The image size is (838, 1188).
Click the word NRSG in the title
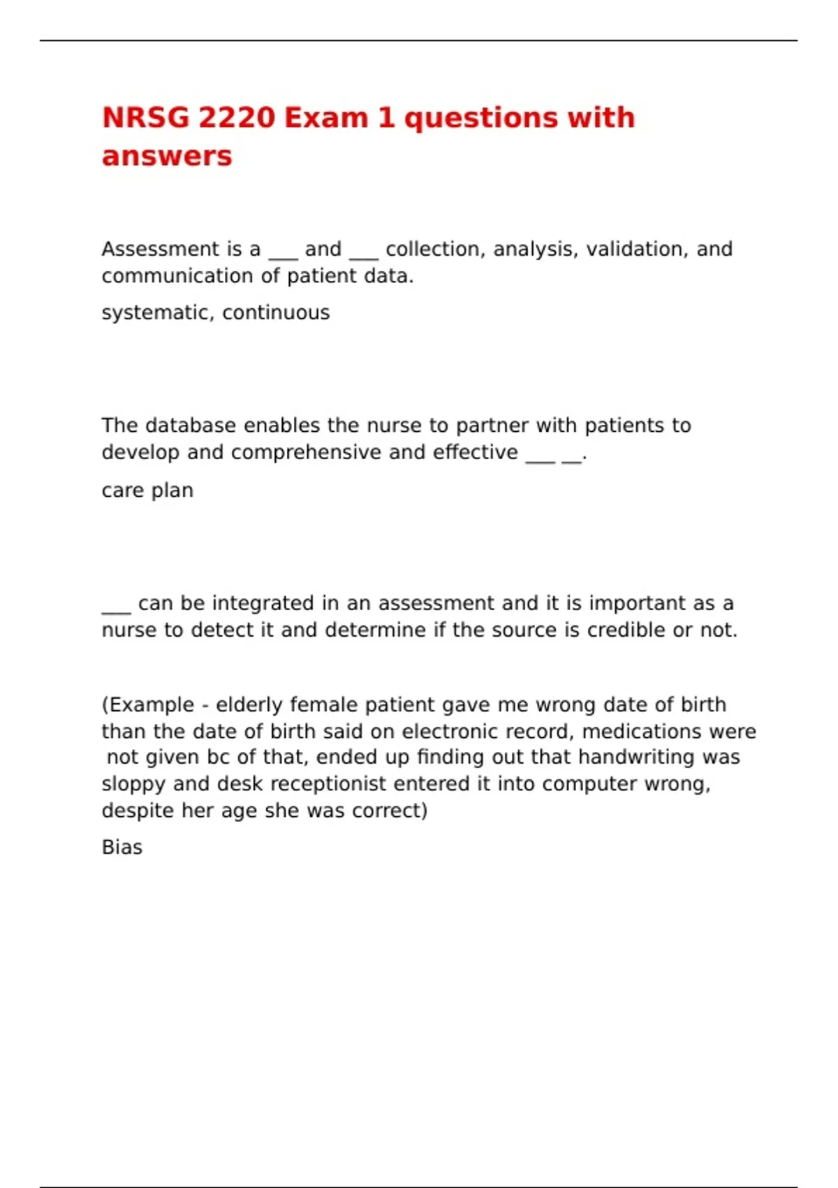tap(146, 117)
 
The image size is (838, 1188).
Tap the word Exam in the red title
tap(326, 117)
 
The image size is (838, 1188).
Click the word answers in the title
tap(167, 156)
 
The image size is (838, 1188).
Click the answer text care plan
tap(147, 490)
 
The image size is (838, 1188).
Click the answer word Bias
tap(122, 847)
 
